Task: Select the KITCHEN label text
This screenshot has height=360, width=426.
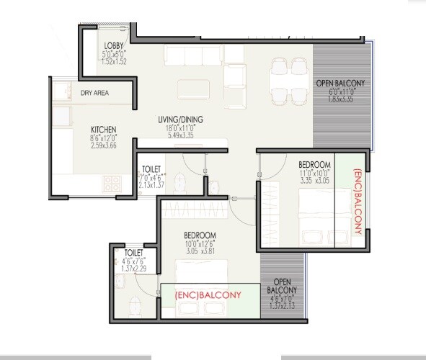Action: [x=103, y=130]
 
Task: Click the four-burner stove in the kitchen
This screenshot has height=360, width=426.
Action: [x=112, y=182]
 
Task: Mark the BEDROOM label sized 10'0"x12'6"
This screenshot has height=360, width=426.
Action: [x=200, y=235]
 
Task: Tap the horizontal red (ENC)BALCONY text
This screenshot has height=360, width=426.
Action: [x=208, y=295]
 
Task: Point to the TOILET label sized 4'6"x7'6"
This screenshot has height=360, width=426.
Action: [x=133, y=253]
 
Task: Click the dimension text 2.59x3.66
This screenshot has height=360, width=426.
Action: [x=103, y=145]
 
